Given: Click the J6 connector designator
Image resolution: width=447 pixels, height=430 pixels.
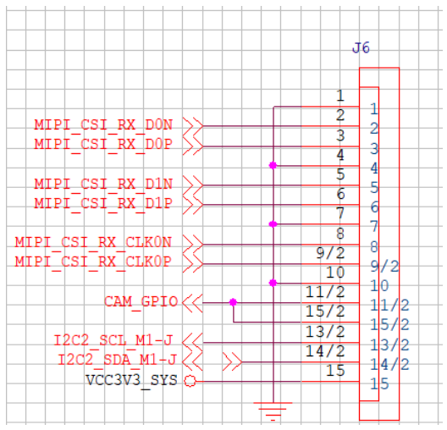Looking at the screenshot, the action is (x=361, y=48).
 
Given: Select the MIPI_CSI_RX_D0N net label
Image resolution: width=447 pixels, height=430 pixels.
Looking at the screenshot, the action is (x=103, y=125).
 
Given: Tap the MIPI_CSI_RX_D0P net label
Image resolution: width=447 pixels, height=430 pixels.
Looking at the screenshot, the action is (x=103, y=144).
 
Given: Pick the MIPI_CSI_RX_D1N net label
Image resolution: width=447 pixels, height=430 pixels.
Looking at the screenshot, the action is (x=103, y=184).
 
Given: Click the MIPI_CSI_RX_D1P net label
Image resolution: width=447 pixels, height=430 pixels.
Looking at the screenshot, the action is (x=103, y=203).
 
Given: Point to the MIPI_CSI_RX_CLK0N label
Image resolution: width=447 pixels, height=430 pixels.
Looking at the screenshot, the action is (x=93, y=242).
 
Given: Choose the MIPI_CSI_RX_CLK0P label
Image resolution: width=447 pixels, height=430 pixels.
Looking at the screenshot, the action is (x=93, y=262).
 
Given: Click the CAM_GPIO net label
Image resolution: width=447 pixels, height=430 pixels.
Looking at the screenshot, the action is (x=141, y=301).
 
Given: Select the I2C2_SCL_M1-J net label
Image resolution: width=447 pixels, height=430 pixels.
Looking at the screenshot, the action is (x=113, y=340).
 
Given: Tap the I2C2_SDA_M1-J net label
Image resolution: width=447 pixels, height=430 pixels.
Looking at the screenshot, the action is (x=117, y=360).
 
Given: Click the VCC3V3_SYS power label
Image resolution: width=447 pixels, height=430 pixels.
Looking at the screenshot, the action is (x=131, y=380).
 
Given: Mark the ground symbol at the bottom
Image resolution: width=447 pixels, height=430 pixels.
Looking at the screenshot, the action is (x=273, y=411).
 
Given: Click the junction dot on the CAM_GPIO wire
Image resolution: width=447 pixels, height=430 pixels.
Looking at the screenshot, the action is (x=233, y=302).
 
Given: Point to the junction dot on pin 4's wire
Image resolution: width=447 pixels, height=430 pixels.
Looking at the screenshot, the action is (x=273, y=165).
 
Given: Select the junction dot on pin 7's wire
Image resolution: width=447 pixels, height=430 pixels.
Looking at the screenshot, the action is (x=273, y=224).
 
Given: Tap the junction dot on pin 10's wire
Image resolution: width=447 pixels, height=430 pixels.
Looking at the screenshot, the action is (x=273, y=283).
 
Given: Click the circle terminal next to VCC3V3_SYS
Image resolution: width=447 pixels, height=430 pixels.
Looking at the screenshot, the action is (x=190, y=381).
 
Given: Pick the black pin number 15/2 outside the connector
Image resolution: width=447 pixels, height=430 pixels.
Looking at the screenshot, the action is (x=325, y=311).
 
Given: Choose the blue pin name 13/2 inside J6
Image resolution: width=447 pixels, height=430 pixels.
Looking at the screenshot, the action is (x=389, y=345).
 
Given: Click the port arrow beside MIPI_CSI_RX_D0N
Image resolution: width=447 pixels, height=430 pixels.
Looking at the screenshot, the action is (x=193, y=125).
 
